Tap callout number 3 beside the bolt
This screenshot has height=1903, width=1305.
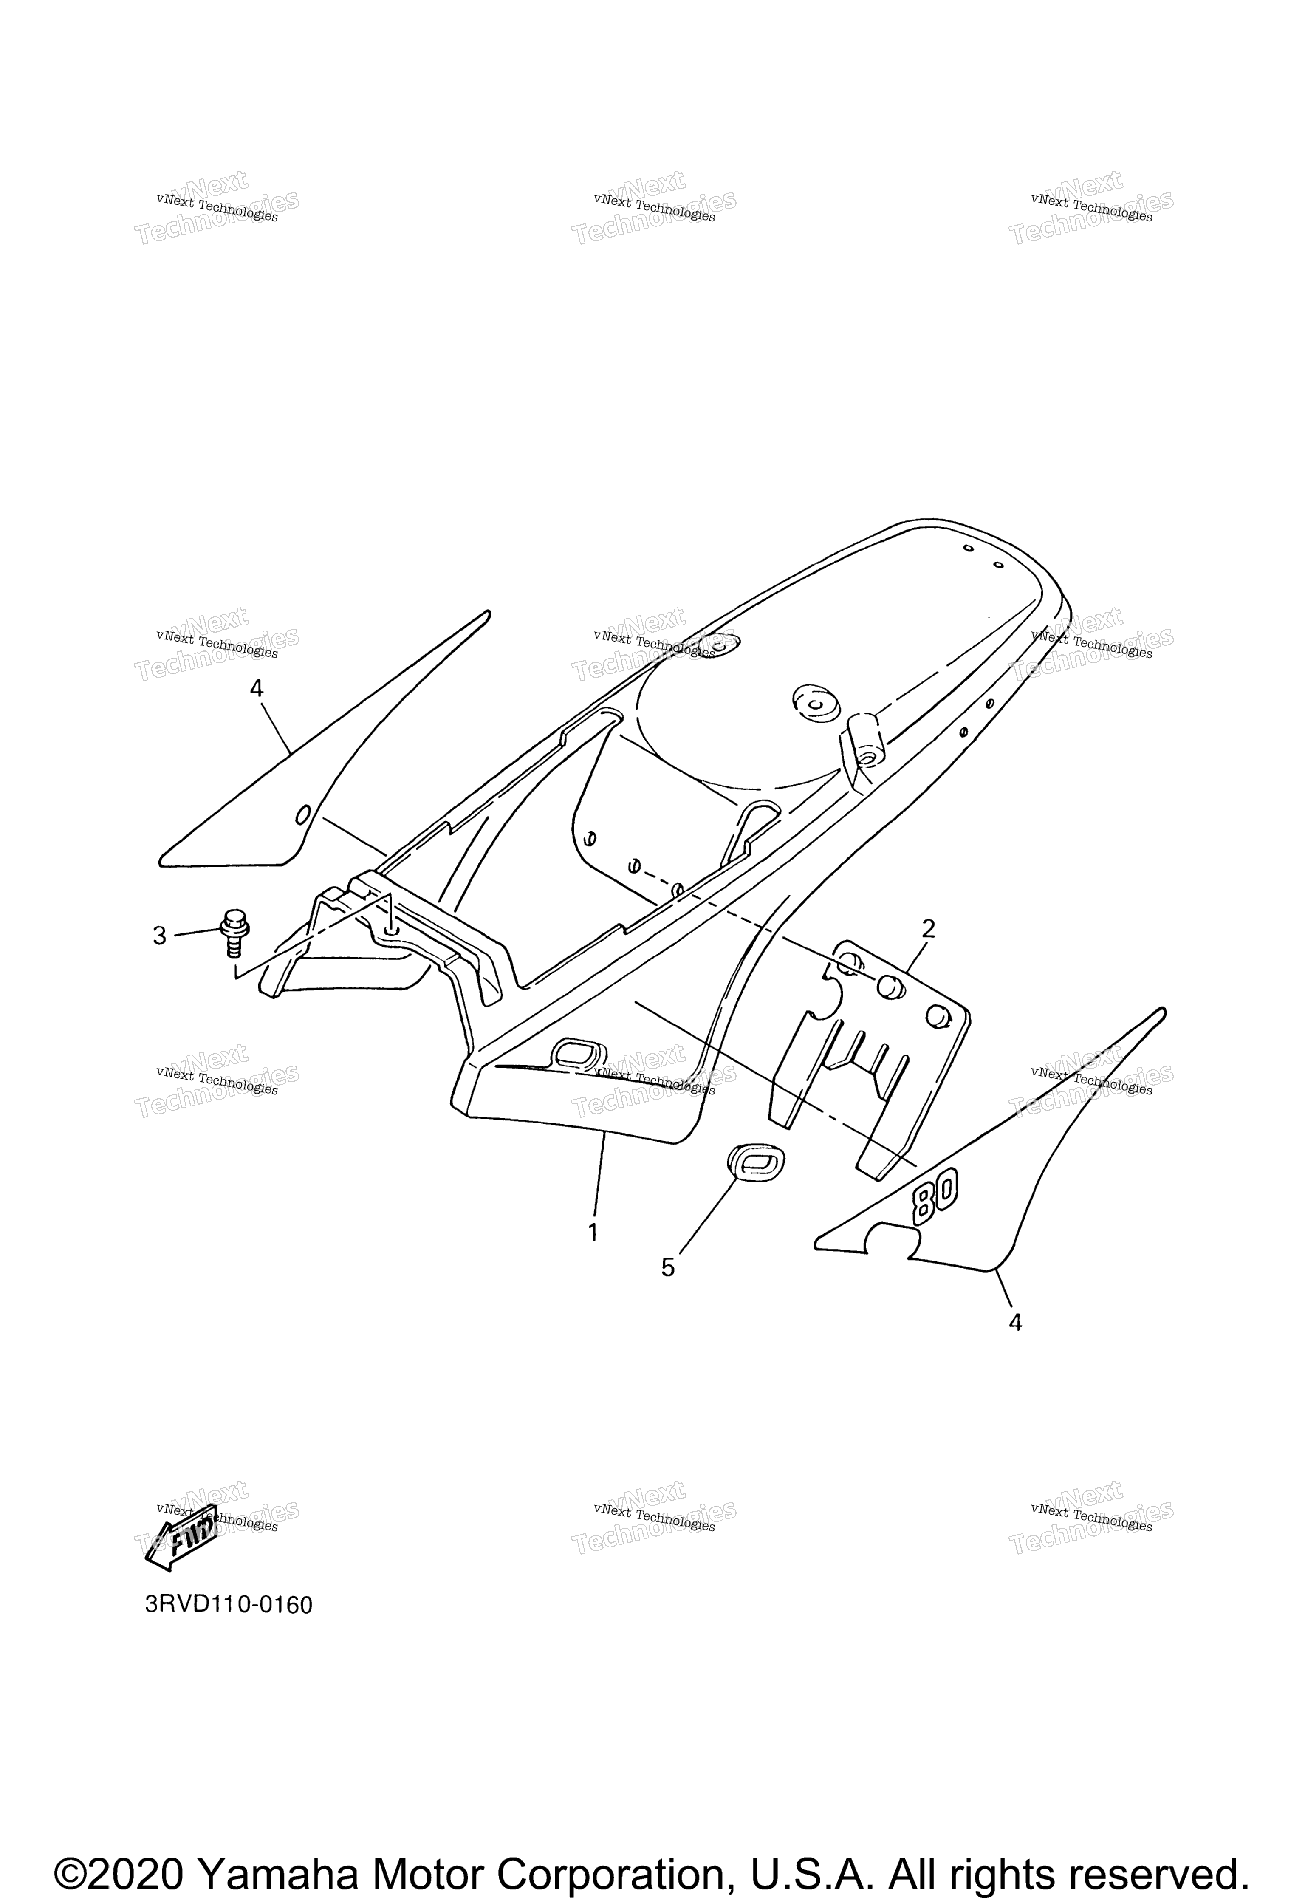tap(160, 935)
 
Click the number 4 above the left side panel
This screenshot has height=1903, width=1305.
tap(256, 689)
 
